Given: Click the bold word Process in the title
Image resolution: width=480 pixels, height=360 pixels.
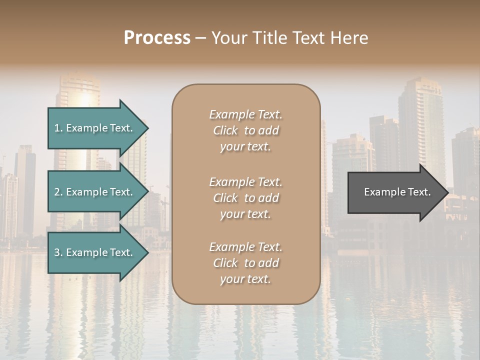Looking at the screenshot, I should click(157, 38).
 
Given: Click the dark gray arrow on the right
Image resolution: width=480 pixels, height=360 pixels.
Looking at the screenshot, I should click(395, 192).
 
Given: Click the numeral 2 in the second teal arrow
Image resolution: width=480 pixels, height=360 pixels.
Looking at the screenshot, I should click(57, 192).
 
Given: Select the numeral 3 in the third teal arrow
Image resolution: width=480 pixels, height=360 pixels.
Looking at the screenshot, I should click(57, 252).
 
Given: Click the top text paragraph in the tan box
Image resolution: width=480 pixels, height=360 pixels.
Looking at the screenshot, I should click(245, 130).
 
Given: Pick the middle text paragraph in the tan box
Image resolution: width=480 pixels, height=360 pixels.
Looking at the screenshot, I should click(245, 198).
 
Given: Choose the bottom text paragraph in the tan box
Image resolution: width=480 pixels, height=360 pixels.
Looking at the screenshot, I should click(245, 263).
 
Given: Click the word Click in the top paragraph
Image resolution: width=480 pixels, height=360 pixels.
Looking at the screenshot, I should click(225, 130).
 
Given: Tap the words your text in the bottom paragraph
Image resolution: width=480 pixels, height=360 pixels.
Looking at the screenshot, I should click(245, 279).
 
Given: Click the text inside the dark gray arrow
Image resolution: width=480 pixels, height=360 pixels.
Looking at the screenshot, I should click(397, 192).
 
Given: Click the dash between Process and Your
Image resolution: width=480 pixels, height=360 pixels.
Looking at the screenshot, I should click(201, 38).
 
